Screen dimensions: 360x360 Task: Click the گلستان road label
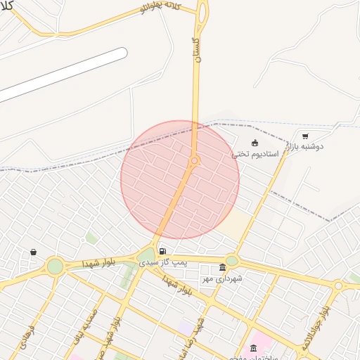(196, 51)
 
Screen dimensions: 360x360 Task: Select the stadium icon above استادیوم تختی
(255, 143)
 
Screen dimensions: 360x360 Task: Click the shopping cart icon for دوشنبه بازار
(305, 136)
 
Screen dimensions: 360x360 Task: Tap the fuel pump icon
(162, 251)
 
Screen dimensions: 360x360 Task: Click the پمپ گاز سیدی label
(163, 262)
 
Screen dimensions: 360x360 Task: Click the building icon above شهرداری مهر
(222, 268)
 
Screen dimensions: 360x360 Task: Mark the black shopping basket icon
(33, 252)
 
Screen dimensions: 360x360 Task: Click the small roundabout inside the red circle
(195, 161)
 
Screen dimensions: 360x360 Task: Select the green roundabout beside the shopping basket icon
(55, 266)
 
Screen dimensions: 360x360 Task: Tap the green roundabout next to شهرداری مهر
(231, 261)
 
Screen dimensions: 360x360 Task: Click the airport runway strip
(63, 74)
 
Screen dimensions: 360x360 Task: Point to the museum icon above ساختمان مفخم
(254, 347)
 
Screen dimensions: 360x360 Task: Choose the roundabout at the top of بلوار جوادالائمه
(338, 285)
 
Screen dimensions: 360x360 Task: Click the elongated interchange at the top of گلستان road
(202, 12)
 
